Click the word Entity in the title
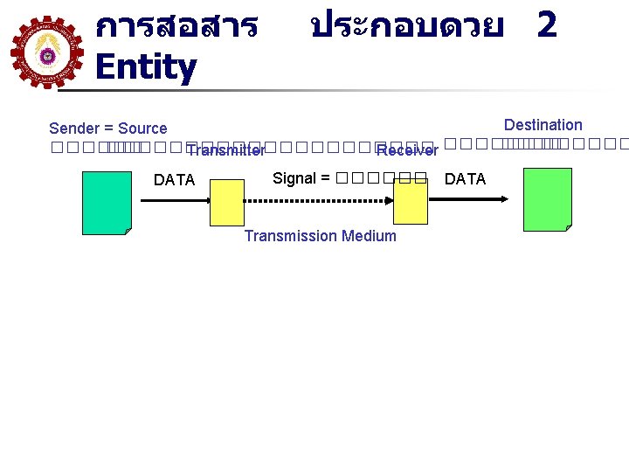145,67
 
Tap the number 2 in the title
547,24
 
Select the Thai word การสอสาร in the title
176,26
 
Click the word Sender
74,128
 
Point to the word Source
142,128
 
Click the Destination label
543,125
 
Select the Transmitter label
225,150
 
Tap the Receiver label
407,151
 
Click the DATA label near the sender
174,180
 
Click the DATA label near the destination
465,179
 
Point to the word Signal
294,178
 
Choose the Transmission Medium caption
320,236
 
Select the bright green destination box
547,199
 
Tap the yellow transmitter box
227,203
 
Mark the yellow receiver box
410,203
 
